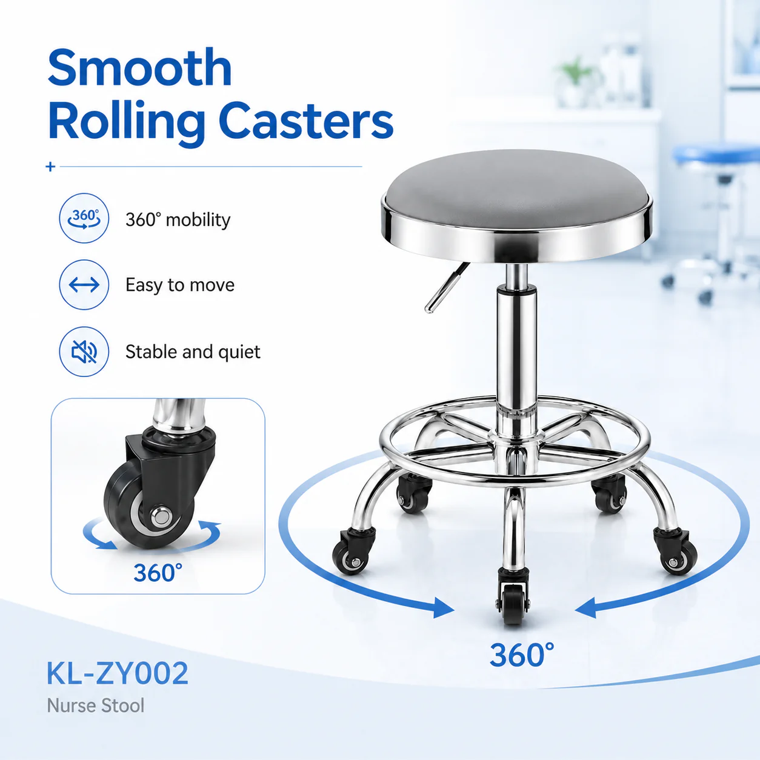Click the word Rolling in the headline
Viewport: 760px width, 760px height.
coord(127,124)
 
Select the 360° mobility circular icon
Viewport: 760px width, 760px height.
coord(84,218)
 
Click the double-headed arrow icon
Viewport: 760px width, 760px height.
coord(84,284)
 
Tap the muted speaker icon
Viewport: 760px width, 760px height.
coord(84,352)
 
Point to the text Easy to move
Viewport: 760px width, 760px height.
coord(180,285)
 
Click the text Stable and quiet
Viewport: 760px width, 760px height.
coord(193,352)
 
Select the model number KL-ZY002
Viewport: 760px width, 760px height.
coord(118,673)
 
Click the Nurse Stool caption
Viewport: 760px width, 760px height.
coord(96,705)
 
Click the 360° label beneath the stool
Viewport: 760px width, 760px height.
coord(522,655)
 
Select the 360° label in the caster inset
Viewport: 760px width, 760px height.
coord(158,573)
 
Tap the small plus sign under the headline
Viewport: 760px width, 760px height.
coord(50,167)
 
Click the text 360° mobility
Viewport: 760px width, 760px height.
coord(178,219)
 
